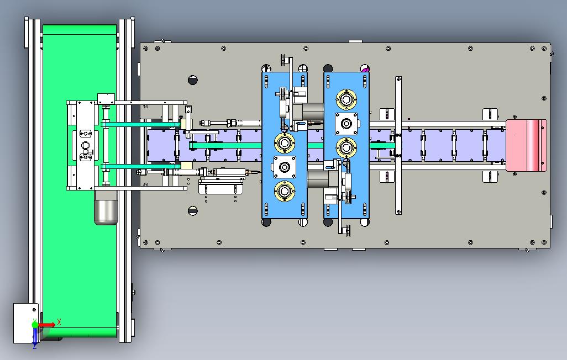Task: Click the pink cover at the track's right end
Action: click(526, 145)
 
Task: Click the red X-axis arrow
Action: click(46, 325)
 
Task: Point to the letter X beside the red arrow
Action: click(59, 322)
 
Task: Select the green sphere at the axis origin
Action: click(35, 325)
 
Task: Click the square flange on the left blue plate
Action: click(285, 167)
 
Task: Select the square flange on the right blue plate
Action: click(346, 124)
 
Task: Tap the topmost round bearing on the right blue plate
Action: click(347, 99)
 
